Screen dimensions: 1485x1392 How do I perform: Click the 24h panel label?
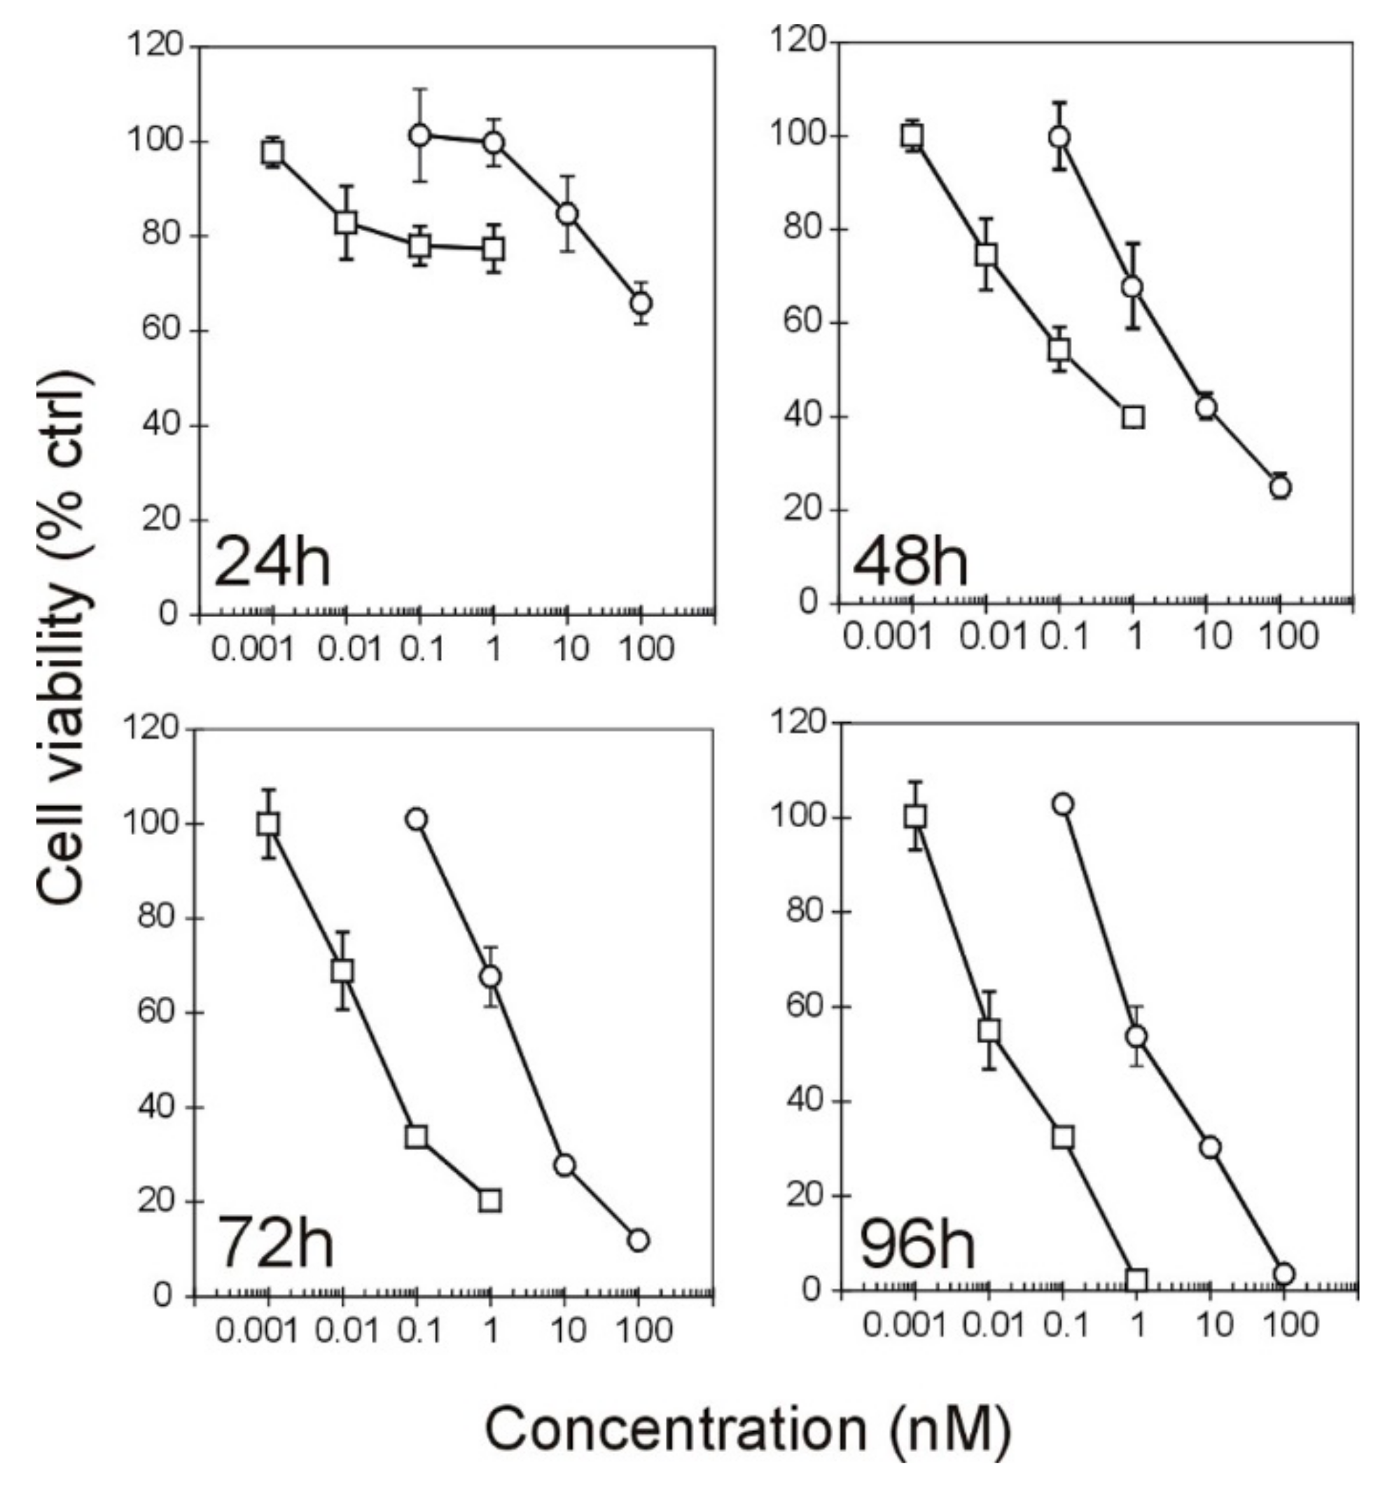(x=272, y=562)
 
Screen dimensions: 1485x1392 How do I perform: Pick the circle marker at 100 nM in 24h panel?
(x=641, y=303)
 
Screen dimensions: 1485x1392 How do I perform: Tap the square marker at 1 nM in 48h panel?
(x=1133, y=417)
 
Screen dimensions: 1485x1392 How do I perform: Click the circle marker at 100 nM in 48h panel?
(x=1280, y=487)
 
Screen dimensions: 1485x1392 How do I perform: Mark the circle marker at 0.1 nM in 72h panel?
(x=417, y=820)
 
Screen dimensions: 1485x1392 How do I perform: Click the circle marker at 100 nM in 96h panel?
(x=1283, y=1273)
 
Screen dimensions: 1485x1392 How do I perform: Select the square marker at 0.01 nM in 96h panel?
(x=989, y=1031)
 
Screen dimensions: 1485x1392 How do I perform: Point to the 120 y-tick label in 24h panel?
(x=155, y=46)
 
